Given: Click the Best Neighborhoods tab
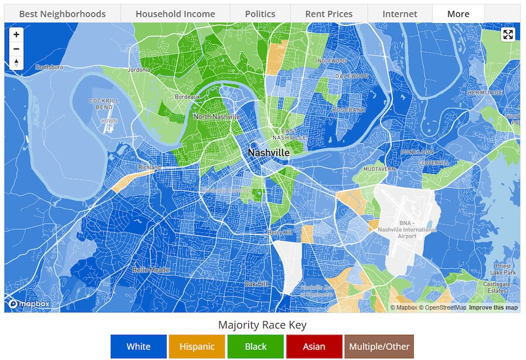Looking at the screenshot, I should [62, 14].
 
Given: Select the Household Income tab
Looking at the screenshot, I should [175, 14].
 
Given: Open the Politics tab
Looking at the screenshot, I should [260, 14].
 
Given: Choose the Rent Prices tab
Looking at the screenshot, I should [329, 14].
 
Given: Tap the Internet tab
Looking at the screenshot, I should [400, 14].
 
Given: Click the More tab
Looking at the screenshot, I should [458, 14].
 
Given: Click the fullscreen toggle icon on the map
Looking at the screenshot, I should [508, 35].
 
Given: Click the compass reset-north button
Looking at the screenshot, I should [16, 63].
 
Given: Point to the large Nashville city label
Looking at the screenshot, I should [268, 153].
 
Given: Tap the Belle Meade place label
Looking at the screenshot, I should [151, 270].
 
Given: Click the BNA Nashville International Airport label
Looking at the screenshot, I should [407, 230].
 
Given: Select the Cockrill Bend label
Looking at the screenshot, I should [104, 104].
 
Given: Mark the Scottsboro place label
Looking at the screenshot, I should [49, 67].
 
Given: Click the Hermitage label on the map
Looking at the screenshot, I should [485, 93].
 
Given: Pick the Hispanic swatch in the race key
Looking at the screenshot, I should [197, 347].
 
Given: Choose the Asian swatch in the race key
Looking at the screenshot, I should [314, 347].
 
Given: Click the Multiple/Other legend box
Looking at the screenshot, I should [379, 347].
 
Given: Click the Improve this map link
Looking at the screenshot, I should [493, 307].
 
